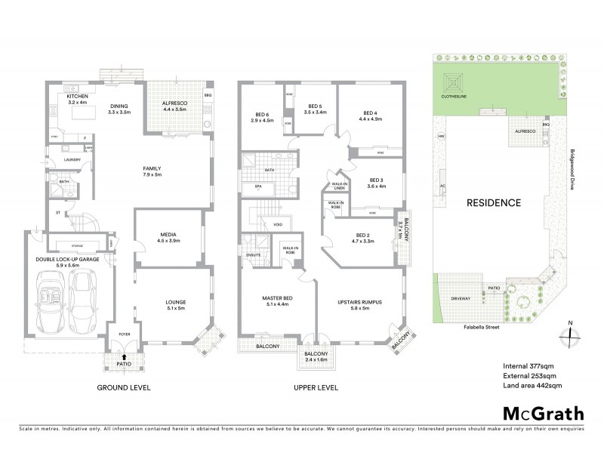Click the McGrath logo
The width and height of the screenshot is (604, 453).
543,413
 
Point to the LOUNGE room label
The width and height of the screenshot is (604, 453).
176,304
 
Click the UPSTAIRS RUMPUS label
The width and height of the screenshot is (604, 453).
359,304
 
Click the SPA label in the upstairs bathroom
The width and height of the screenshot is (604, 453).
257,185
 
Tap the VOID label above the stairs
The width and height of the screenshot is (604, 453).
277,224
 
